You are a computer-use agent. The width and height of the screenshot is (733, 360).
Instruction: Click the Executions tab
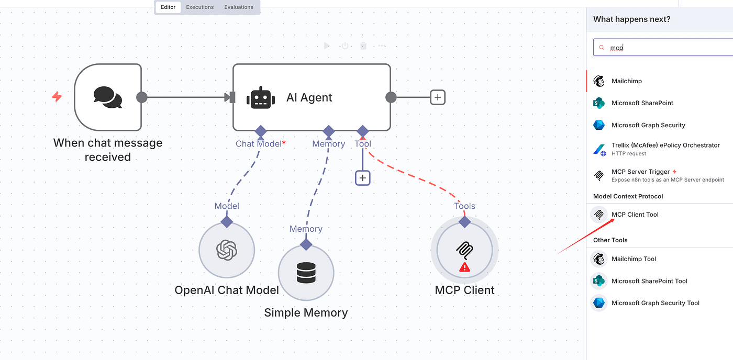tap(200, 7)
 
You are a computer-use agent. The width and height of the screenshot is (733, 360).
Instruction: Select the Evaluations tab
tap(239, 7)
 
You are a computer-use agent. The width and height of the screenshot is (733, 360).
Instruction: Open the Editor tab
tap(168, 7)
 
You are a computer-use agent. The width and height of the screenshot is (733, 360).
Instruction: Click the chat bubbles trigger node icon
tap(108, 97)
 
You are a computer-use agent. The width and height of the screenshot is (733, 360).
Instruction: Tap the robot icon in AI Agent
tap(261, 97)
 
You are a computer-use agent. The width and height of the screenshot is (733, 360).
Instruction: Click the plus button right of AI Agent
tap(438, 97)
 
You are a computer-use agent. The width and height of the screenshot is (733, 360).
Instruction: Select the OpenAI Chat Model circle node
tap(227, 250)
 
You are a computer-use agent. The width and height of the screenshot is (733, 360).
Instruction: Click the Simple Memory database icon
tap(306, 273)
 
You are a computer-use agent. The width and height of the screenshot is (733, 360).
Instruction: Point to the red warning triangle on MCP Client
tap(464, 267)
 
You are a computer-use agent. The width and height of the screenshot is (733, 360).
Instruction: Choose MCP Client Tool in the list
tap(635, 215)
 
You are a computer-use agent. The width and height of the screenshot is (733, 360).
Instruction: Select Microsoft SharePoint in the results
tap(642, 103)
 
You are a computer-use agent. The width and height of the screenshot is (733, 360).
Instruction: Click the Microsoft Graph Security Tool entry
tap(655, 303)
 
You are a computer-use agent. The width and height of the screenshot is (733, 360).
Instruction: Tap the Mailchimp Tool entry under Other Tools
tap(634, 259)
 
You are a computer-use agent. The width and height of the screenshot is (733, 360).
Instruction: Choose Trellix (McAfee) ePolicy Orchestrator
tap(665, 145)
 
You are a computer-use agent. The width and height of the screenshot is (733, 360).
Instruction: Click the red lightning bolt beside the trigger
tap(57, 97)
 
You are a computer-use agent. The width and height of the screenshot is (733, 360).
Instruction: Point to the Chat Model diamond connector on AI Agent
tap(260, 131)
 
